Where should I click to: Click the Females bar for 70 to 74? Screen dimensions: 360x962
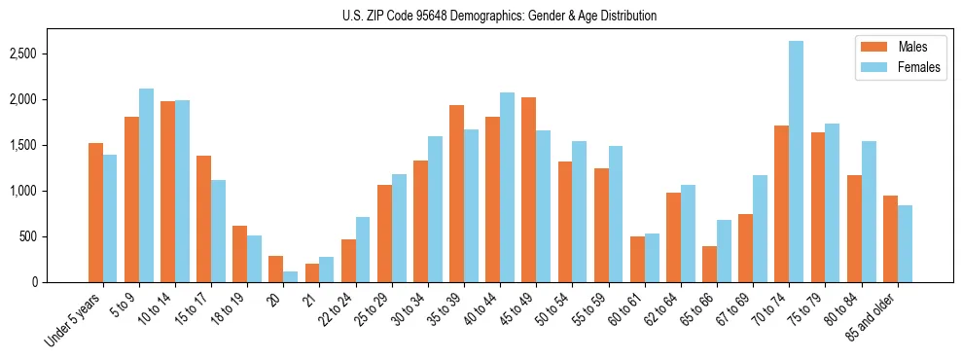796,162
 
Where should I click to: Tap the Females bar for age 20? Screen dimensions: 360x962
291,277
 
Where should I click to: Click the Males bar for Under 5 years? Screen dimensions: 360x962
95,212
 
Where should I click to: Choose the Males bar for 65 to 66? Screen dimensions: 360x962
709,265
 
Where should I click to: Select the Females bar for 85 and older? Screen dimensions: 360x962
905,243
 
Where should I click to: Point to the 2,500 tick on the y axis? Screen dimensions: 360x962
51,54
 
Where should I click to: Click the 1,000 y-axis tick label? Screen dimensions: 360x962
51,191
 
